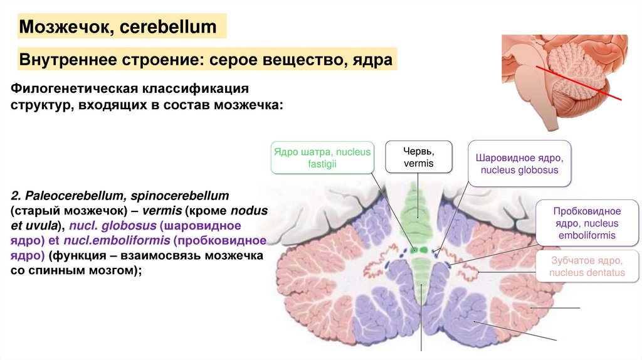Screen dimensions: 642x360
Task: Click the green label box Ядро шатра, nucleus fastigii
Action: tap(322, 157)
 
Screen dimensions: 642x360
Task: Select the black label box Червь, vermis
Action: tap(418, 157)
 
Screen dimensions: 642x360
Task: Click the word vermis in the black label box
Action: tap(418, 164)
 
